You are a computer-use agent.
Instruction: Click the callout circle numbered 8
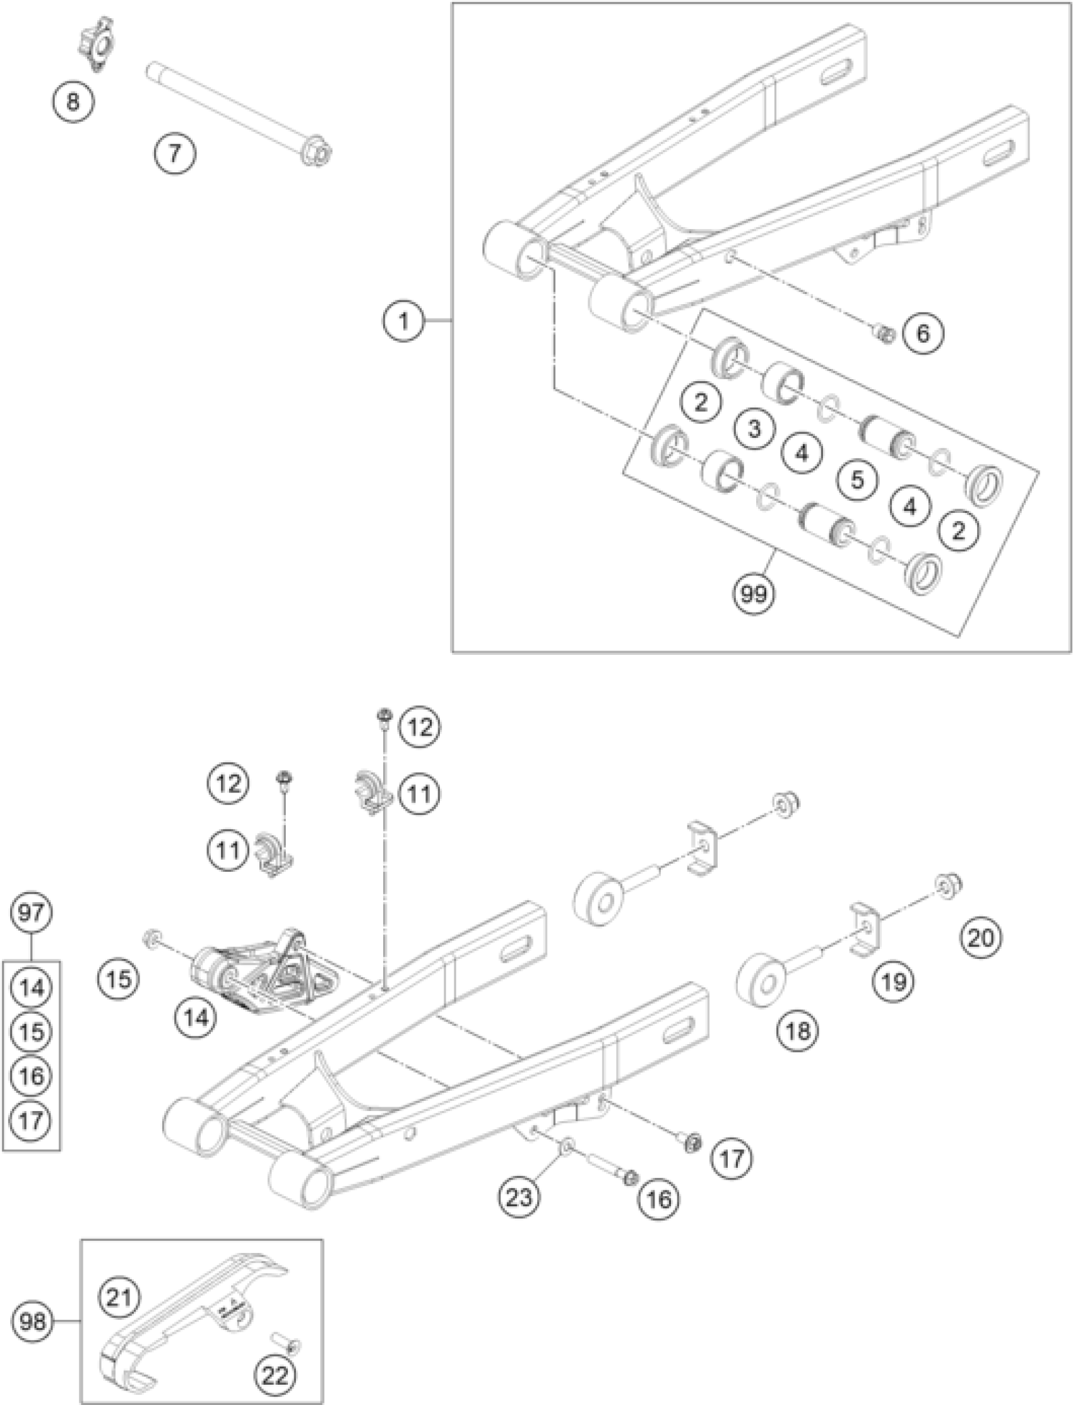(x=73, y=102)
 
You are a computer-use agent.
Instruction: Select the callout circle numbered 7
(x=175, y=153)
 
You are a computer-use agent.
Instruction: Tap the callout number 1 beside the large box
(x=404, y=319)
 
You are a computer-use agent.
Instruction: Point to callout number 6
(x=923, y=332)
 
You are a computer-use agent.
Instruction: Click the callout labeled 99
(x=754, y=594)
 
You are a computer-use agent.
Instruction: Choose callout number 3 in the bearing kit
(x=755, y=428)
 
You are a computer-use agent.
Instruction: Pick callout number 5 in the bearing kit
(x=857, y=479)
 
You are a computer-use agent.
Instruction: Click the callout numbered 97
(x=32, y=913)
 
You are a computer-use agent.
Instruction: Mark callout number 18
(x=798, y=1030)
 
